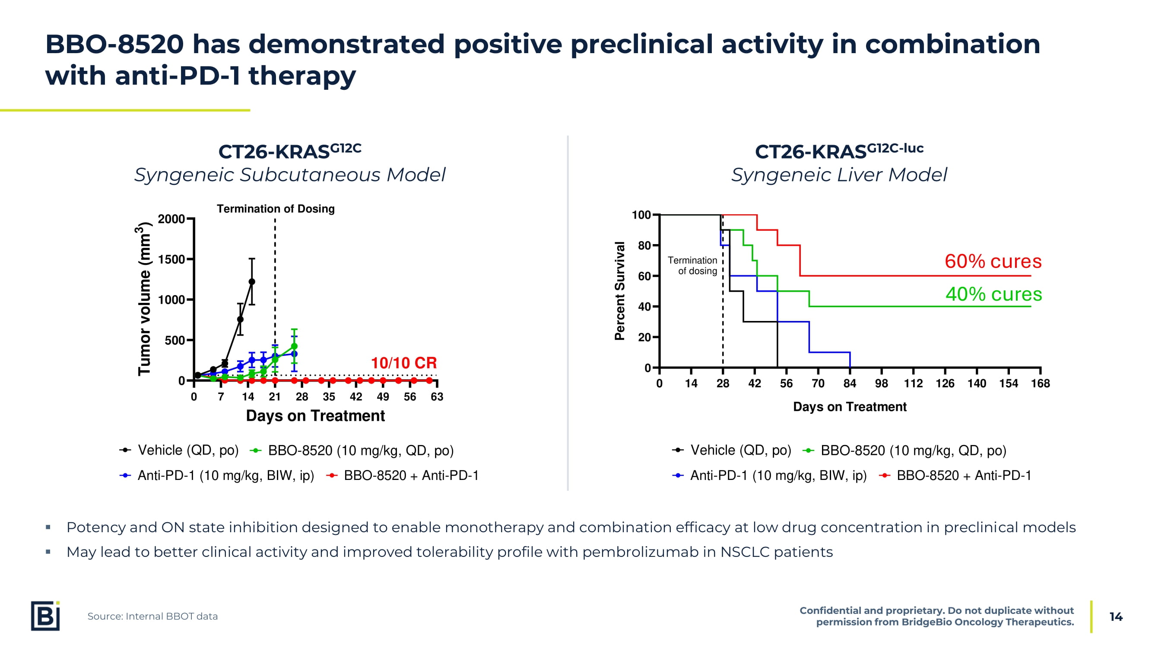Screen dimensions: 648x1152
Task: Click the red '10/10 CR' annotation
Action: (403, 363)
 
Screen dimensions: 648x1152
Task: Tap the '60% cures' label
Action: (993, 261)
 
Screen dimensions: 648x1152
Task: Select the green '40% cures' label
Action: (993, 294)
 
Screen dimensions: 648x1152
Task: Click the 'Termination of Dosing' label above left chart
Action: (276, 209)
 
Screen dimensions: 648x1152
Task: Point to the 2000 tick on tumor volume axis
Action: (171, 219)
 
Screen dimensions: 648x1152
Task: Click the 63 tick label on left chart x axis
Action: (436, 397)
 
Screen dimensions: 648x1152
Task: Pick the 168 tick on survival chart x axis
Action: (1040, 383)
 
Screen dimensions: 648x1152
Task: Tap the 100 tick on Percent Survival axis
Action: (641, 215)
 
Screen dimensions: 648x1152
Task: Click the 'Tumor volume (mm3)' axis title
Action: (143, 300)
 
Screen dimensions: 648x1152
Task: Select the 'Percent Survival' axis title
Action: (619, 291)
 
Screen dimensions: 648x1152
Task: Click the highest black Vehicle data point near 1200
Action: (252, 282)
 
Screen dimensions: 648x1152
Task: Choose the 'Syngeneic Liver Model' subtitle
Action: (838, 175)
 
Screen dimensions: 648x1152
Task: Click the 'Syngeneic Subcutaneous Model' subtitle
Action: (290, 175)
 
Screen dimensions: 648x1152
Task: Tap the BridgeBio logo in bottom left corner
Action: (45, 616)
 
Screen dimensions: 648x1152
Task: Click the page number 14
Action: (1116, 617)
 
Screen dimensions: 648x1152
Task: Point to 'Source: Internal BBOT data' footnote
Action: (152, 616)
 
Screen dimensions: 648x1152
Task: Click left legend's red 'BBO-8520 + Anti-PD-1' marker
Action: (331, 475)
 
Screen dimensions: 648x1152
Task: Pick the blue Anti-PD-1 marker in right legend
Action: (678, 475)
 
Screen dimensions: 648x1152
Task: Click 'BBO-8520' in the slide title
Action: (114, 44)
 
